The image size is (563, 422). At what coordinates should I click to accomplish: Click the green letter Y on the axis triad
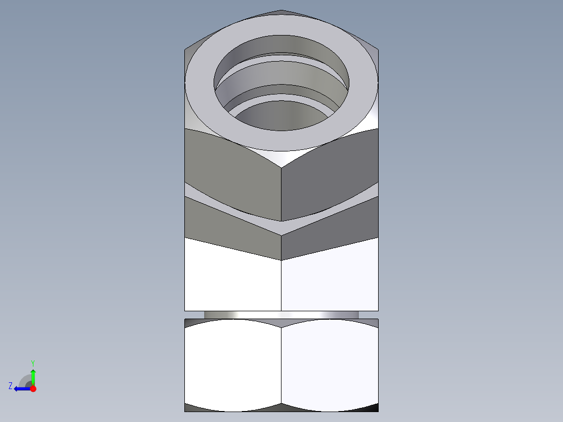pos(32,362)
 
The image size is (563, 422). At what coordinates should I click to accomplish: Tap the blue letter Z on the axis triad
pos(10,386)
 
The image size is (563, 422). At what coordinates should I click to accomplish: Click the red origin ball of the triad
pos(33,389)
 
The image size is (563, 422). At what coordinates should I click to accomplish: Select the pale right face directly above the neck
pos(329,282)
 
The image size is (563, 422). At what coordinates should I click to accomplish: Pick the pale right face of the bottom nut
pos(329,366)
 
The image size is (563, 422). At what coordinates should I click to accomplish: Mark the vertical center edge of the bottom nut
pos(282,366)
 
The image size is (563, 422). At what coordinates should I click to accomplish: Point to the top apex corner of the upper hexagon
pos(282,10)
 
